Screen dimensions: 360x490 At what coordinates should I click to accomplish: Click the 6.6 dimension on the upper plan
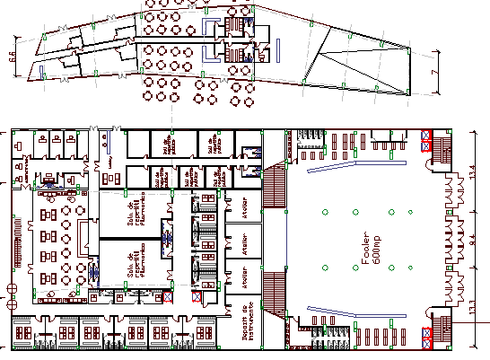point(13,57)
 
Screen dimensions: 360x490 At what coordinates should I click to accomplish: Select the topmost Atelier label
point(242,209)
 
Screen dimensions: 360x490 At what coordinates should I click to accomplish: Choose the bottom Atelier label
point(242,278)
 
